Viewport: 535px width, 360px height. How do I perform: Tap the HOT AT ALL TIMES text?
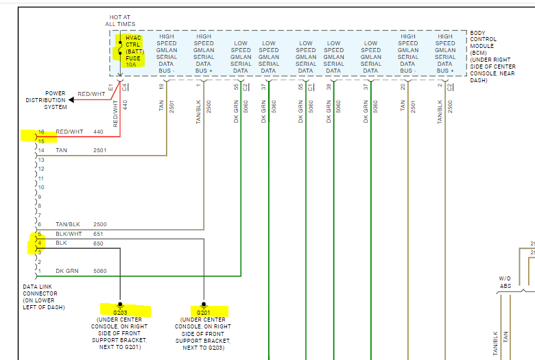pyautogui.click(x=120, y=21)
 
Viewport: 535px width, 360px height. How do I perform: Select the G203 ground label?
pyautogui.click(x=120, y=313)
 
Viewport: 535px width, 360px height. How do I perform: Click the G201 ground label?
pyautogui.click(x=204, y=313)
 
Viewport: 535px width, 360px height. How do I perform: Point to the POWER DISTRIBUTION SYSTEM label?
pyautogui.click(x=56, y=100)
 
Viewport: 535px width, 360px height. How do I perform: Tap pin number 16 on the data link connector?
pyautogui.click(x=41, y=131)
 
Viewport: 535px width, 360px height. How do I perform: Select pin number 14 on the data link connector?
pyautogui.click(x=41, y=149)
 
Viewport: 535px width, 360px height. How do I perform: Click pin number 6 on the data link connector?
pyautogui.click(x=40, y=224)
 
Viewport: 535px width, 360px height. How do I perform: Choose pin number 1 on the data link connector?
pyautogui.click(x=40, y=271)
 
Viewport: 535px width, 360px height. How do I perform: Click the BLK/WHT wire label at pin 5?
pyautogui.click(x=67, y=234)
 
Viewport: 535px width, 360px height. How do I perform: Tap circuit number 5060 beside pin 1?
pyautogui.click(x=100, y=271)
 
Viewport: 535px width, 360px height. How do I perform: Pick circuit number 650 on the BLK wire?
pyautogui.click(x=98, y=243)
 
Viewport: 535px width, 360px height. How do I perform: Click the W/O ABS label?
pyautogui.click(x=505, y=283)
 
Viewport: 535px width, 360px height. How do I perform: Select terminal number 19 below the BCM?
pyautogui.click(x=162, y=86)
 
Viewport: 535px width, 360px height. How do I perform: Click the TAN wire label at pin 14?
pyautogui.click(x=62, y=149)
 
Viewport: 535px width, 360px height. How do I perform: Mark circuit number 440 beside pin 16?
pyautogui.click(x=98, y=131)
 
